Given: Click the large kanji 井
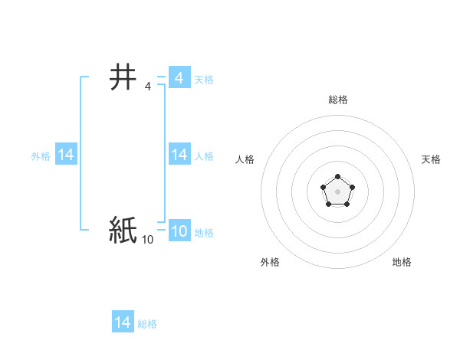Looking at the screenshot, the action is click(123, 77).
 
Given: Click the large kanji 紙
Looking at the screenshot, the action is click(123, 231).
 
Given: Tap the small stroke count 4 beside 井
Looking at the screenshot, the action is click(147, 87).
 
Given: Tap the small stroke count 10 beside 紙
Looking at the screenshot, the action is click(147, 241).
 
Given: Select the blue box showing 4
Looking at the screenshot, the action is click(179, 78).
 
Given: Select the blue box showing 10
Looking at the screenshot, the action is click(179, 231).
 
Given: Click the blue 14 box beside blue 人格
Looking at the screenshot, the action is click(179, 155).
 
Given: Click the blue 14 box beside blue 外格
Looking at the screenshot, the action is click(66, 155).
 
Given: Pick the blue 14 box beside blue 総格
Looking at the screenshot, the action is click(123, 322).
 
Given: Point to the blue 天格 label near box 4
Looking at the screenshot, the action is click(204, 80).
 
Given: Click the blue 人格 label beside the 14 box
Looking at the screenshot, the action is click(204, 156).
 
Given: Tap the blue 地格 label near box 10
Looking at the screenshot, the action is click(204, 233).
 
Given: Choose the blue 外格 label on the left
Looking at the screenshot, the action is click(41, 156).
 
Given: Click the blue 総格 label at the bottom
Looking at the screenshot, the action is click(147, 324).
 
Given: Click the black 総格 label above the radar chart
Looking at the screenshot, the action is click(337, 100).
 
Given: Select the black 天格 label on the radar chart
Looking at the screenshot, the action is click(431, 159).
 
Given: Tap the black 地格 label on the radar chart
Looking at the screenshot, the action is click(402, 262).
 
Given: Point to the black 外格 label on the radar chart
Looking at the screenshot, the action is click(270, 262).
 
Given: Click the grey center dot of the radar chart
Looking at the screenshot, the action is click(337, 191).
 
